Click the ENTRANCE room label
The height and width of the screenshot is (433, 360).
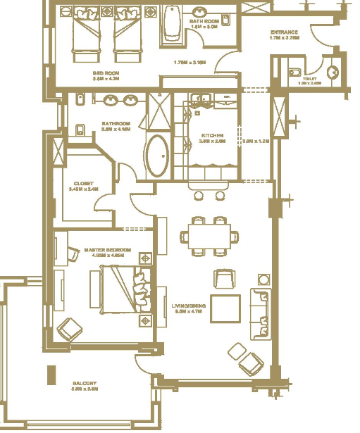(x=284, y=33)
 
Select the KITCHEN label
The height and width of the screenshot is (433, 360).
(x=213, y=134)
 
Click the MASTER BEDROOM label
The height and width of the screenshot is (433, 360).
(x=104, y=250)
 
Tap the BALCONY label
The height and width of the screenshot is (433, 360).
(x=85, y=384)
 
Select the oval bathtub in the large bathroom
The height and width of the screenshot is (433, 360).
(x=157, y=156)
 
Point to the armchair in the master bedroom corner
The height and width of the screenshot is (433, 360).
(x=69, y=329)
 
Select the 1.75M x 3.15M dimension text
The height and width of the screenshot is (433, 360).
(x=190, y=62)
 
